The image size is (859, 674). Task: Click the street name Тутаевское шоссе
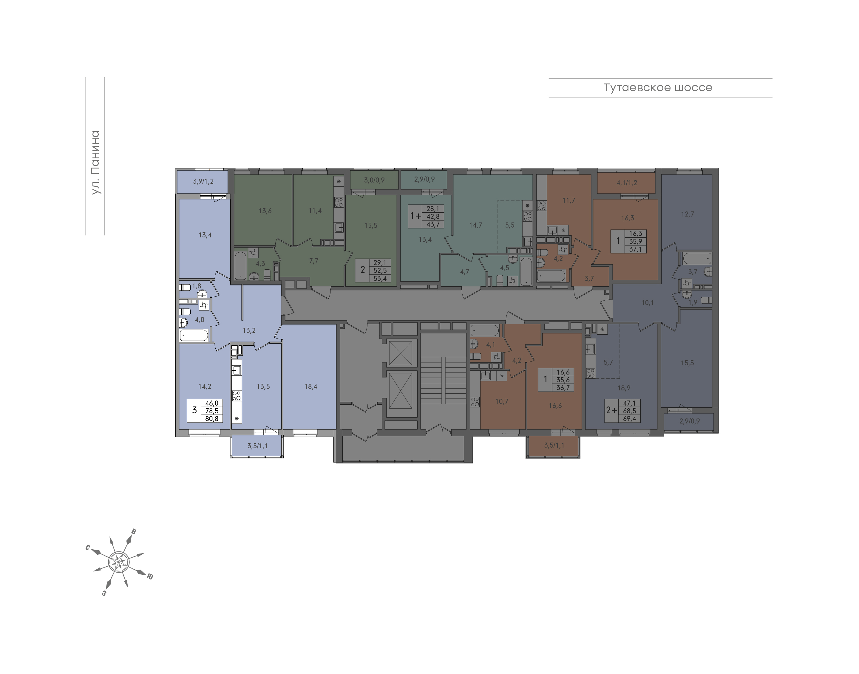[x=658, y=88]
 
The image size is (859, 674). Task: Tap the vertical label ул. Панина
[x=95, y=163]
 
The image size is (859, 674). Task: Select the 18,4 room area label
[x=310, y=387]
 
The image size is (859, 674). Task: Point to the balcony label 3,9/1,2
[x=203, y=182]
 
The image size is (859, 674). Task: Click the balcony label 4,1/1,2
[x=627, y=183]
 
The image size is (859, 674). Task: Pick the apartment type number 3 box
[x=194, y=410]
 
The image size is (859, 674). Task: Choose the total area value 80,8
[x=212, y=419]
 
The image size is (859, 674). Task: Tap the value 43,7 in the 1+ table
[x=433, y=224]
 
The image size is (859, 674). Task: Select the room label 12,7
[x=687, y=214]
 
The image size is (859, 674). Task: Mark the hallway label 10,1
[x=648, y=303]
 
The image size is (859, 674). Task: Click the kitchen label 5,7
[x=608, y=362]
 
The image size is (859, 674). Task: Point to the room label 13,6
[x=265, y=211]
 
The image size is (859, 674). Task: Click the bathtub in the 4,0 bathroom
[x=194, y=336]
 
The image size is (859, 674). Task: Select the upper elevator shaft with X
[x=401, y=353]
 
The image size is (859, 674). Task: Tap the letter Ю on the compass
[x=150, y=576]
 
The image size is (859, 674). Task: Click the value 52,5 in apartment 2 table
[x=380, y=271]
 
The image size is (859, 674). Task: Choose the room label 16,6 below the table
[x=555, y=405]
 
